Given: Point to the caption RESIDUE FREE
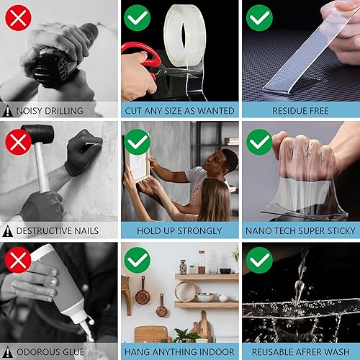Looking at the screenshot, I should pyautogui.click(x=300, y=111).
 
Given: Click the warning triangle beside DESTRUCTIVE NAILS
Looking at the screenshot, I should pyautogui.click(x=8, y=230).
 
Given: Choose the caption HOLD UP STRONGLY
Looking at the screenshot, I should pyautogui.click(x=180, y=230).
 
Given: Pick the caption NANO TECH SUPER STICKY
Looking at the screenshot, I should pyautogui.click(x=300, y=230).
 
